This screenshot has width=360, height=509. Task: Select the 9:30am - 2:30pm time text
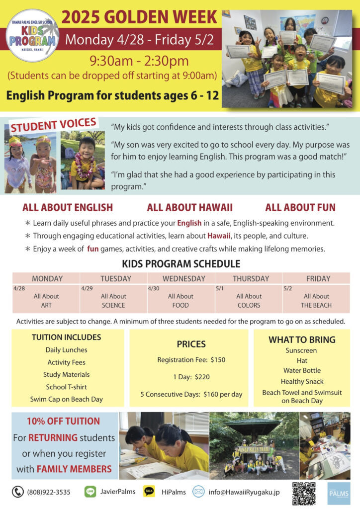tap(139, 61)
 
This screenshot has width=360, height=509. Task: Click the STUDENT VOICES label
tap(54, 125)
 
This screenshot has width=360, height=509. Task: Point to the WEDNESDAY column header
tap(181, 278)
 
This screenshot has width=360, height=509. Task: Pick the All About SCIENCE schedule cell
tap(114, 301)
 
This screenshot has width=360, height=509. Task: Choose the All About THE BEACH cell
tap(316, 301)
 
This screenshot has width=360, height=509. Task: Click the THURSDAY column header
tap(249, 278)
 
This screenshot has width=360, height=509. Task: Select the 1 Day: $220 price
tap(191, 377)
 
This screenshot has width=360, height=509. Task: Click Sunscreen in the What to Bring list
tap(301, 350)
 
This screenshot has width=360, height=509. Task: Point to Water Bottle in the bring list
tap(302, 370)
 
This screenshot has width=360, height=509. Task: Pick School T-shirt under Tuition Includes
tap(66, 387)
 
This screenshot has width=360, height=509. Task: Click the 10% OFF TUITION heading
tap(64, 422)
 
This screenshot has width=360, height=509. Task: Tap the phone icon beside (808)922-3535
tap(18, 492)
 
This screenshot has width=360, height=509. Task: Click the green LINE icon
tap(90, 492)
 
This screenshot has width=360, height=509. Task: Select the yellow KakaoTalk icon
tap(149, 492)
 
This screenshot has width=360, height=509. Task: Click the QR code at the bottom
tap(303, 493)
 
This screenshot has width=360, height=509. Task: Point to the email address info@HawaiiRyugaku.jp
tap(244, 492)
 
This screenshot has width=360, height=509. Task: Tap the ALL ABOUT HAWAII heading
tap(189, 208)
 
